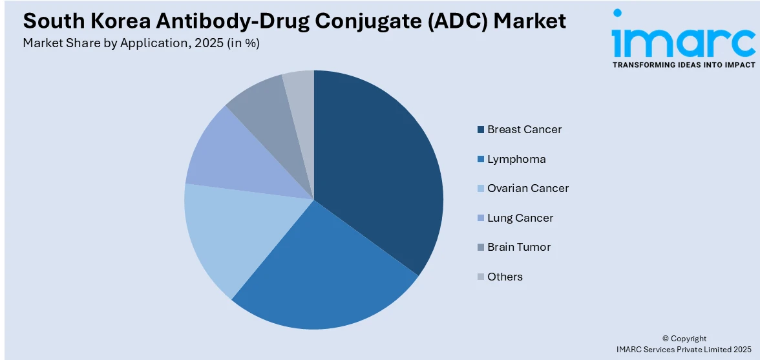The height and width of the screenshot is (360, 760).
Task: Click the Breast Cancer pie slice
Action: pyautogui.click(x=381, y=168)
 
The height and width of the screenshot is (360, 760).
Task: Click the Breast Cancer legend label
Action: pyautogui.click(x=524, y=129)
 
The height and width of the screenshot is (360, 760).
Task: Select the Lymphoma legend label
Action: pyautogui.click(x=516, y=159)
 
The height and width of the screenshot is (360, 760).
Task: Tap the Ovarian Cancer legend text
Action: pyautogui.click(x=528, y=188)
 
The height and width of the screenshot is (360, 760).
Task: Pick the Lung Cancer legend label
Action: pyautogui.click(x=520, y=218)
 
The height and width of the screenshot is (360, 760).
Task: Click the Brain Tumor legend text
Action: pyautogui.click(x=519, y=247)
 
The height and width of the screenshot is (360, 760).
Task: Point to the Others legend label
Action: pyautogui.click(x=505, y=277)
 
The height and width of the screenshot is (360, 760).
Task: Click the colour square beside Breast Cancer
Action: pyautogui.click(x=481, y=130)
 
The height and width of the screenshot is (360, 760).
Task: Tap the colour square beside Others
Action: pyautogui.click(x=481, y=277)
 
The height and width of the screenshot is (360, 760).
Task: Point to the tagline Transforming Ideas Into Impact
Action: pyautogui.click(x=683, y=65)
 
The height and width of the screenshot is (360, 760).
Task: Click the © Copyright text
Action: pyautogui.click(x=684, y=338)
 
